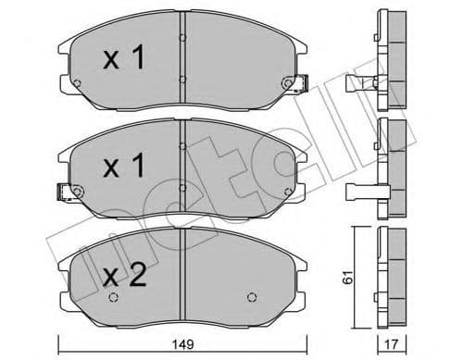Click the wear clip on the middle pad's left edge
[65, 193]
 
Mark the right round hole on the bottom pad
[252, 297]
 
